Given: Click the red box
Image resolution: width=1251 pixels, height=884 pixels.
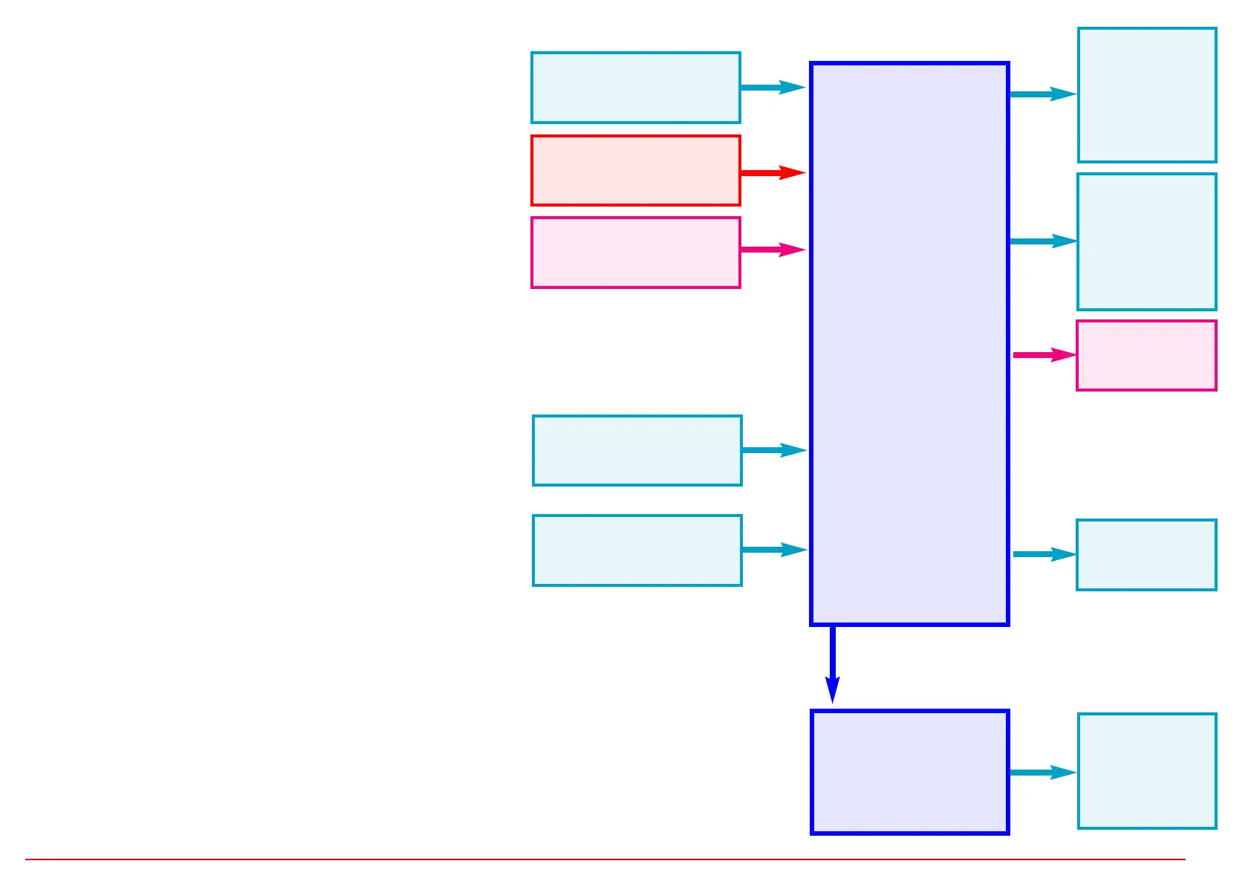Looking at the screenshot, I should click(x=636, y=170).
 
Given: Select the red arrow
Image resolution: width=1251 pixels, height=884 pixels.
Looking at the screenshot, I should click(x=773, y=173).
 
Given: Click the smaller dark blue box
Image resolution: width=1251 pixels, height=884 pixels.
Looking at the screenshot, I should click(x=909, y=772).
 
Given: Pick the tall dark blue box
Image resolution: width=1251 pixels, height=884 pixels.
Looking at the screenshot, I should click(x=909, y=343).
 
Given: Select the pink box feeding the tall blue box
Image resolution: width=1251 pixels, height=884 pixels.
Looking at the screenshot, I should click(x=636, y=253).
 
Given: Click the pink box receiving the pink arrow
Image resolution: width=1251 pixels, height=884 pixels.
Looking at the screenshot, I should click(x=1146, y=355).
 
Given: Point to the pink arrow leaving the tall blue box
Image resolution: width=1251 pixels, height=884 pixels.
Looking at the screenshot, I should click(x=1044, y=355).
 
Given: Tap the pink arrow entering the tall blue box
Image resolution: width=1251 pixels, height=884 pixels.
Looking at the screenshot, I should click(x=773, y=250).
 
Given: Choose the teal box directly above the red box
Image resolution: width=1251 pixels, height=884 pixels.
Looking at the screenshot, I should click(x=636, y=88).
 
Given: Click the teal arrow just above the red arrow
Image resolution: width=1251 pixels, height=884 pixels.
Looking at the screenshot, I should click(x=773, y=88).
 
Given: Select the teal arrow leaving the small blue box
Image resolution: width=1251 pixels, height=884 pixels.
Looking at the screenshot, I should click(x=1042, y=773).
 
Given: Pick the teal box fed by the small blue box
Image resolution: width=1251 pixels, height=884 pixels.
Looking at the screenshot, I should click(x=1147, y=771).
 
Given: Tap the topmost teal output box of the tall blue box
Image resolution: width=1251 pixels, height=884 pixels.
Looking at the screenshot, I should click(x=1147, y=95).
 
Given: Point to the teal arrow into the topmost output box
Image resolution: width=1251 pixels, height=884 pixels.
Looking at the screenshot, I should click(x=1042, y=94).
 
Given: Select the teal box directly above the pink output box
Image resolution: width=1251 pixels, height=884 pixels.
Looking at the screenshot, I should click(x=1147, y=241).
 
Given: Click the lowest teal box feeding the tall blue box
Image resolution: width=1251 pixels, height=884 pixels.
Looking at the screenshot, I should click(x=637, y=550).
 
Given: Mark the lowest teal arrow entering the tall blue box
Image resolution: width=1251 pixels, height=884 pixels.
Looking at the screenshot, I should click(x=774, y=550).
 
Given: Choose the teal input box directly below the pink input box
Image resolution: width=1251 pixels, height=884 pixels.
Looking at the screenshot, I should click(x=637, y=450).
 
